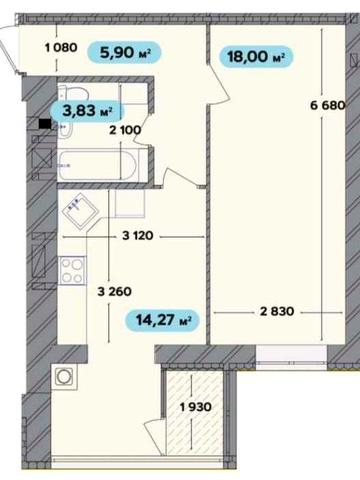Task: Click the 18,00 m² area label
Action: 256,56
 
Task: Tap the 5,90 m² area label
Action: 124,52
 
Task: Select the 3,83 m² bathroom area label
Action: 87,111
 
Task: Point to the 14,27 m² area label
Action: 162,320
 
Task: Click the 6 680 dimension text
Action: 327,105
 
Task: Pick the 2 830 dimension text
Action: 277,311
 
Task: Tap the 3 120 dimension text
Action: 138,236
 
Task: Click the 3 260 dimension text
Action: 114,292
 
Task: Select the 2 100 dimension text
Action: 125,130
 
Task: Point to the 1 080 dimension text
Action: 61,48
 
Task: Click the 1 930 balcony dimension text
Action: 195,407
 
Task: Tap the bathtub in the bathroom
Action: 98,165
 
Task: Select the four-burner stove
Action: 72,271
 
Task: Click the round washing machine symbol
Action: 64,377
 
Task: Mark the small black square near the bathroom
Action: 45,124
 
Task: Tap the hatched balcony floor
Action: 195,413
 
